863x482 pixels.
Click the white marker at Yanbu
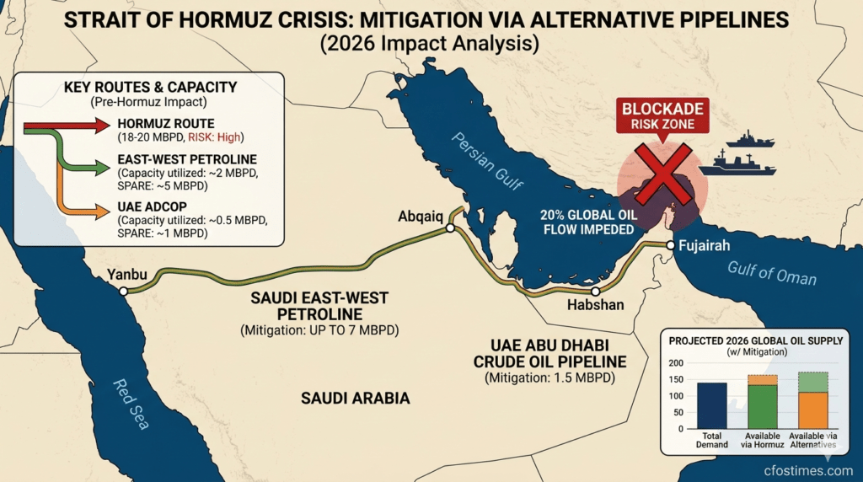[124, 291]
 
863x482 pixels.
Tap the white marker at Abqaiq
[450, 228]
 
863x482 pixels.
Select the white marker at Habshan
[595, 291]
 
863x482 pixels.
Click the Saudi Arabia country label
[354, 398]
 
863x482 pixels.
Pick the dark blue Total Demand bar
[713, 405]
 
